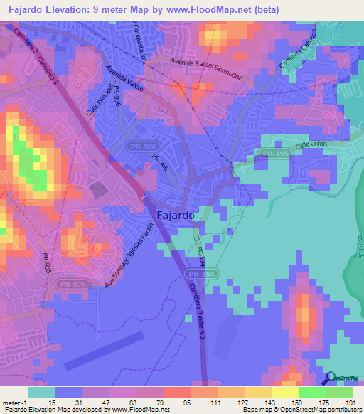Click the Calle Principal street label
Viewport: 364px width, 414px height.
pos(99,101)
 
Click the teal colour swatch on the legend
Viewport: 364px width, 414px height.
pos(42,392)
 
